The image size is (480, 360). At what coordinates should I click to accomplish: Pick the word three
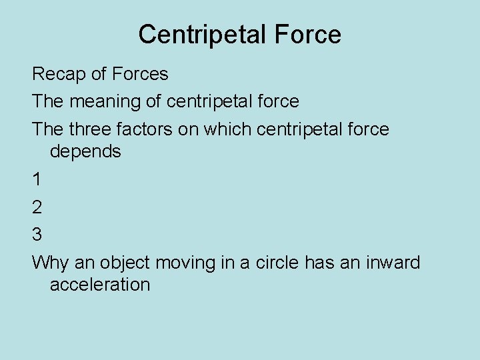pyautogui.click(x=93, y=129)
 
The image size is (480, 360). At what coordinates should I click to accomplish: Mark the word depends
pyautogui.click(x=85, y=152)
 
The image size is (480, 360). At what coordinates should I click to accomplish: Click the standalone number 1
pyautogui.click(x=37, y=179)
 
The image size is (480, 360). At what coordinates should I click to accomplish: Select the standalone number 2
pyautogui.click(x=37, y=207)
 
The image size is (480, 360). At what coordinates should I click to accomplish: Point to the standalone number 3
pyautogui.click(x=37, y=235)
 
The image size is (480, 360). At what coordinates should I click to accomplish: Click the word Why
pyautogui.click(x=49, y=263)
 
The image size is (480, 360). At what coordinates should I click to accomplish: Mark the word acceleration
pyautogui.click(x=100, y=285)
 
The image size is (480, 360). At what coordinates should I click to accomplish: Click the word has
pyautogui.click(x=319, y=263)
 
